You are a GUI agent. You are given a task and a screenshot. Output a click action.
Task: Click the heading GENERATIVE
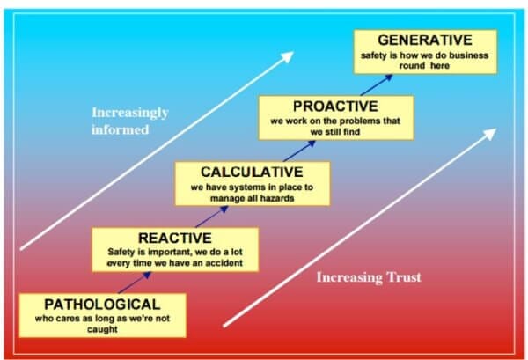[425, 40]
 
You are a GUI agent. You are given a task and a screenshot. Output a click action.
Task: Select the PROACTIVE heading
[336, 107]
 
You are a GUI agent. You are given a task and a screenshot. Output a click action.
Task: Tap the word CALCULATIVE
[252, 173]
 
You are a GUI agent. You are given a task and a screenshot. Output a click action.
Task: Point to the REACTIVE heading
[175, 238]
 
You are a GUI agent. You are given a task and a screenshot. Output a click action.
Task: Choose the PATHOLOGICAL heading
[102, 305]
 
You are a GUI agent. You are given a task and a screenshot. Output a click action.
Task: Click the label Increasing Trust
[369, 277]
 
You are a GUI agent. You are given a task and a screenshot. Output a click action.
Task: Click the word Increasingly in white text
[130, 113]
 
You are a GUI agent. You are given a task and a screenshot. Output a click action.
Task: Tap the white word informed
[121, 129]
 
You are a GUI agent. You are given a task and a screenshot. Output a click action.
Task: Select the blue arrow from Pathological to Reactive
[135, 283]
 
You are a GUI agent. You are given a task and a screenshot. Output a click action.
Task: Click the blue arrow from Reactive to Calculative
[212, 217]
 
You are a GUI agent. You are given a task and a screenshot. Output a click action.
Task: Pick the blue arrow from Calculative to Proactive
[299, 151]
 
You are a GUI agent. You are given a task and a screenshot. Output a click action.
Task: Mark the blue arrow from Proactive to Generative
[377, 84]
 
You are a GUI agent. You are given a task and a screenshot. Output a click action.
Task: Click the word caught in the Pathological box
[102, 329]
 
